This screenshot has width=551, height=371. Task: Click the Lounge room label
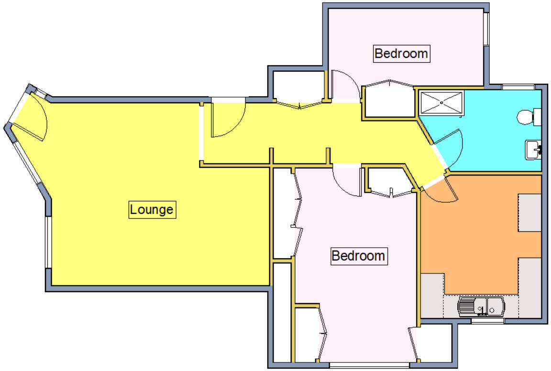(152, 209)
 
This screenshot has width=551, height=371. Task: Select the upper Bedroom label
(401, 53)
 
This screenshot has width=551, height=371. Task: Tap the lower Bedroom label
(358, 256)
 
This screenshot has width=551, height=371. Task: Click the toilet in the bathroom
(528, 116)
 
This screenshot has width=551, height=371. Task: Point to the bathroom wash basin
(533, 150)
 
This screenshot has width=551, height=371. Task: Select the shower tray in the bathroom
(441, 102)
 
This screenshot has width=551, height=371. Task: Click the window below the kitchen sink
(487, 321)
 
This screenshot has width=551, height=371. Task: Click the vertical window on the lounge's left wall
(48, 242)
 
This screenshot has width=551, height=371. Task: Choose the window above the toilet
(518, 87)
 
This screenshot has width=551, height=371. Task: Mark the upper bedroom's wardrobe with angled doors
(388, 99)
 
